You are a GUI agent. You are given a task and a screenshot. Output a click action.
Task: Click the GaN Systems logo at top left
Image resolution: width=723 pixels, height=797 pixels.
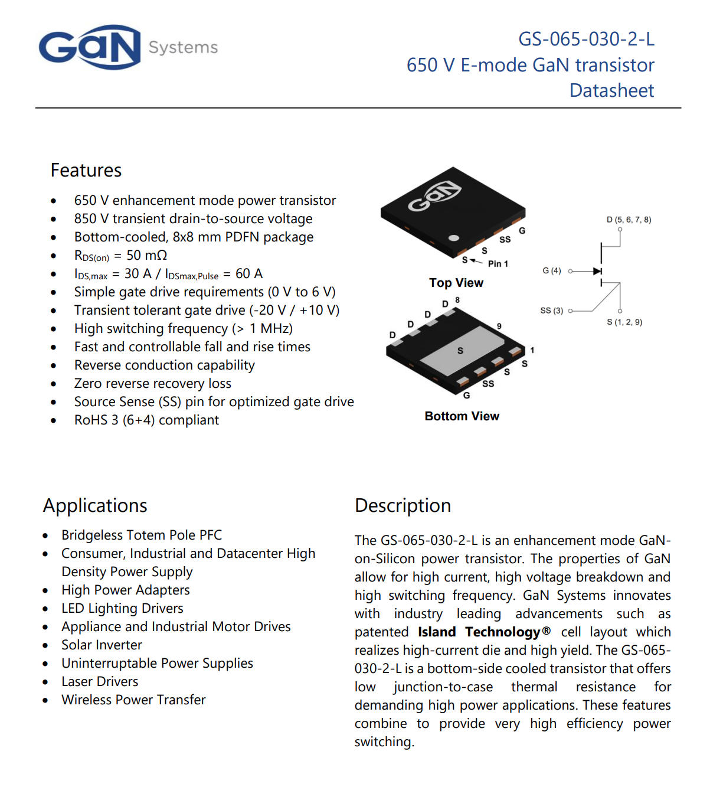pos(90,47)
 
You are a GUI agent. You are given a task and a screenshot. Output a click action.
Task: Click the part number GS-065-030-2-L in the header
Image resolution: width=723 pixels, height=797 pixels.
pos(586,39)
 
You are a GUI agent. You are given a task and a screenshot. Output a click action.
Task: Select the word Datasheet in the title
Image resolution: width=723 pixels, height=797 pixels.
pos(611,90)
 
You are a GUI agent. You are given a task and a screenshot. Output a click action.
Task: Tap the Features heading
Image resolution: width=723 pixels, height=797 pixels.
pos(86,171)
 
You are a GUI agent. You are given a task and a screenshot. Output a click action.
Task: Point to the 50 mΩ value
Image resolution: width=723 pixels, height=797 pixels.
pos(147,256)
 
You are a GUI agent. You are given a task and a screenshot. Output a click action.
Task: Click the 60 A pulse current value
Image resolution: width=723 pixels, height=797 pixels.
pos(249,274)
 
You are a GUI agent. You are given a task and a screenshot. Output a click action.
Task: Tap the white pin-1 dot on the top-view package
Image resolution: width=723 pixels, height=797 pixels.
pos(454,238)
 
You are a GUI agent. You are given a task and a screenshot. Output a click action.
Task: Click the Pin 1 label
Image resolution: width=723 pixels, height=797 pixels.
pos(498,264)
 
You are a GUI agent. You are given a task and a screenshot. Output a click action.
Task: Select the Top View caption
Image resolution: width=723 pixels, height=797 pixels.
pos(456,283)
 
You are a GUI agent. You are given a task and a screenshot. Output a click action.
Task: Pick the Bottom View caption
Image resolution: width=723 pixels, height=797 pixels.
pos(462,416)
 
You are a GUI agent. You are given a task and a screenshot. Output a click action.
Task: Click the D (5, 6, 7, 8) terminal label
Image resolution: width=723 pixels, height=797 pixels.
pos(629,220)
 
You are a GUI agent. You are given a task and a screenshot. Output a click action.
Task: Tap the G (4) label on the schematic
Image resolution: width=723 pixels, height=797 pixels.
pos(552,270)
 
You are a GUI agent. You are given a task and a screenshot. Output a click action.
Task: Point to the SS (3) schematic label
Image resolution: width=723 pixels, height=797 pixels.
pos(552,311)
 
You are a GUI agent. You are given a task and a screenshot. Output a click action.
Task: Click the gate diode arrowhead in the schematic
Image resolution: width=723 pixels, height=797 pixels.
pos(597,271)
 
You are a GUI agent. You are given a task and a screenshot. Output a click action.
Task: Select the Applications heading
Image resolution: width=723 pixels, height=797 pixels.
pos(95,506)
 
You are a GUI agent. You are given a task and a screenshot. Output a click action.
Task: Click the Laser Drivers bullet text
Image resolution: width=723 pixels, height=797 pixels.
pos(100,682)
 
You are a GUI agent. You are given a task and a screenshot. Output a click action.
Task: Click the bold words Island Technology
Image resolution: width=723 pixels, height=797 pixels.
pos(479,632)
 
